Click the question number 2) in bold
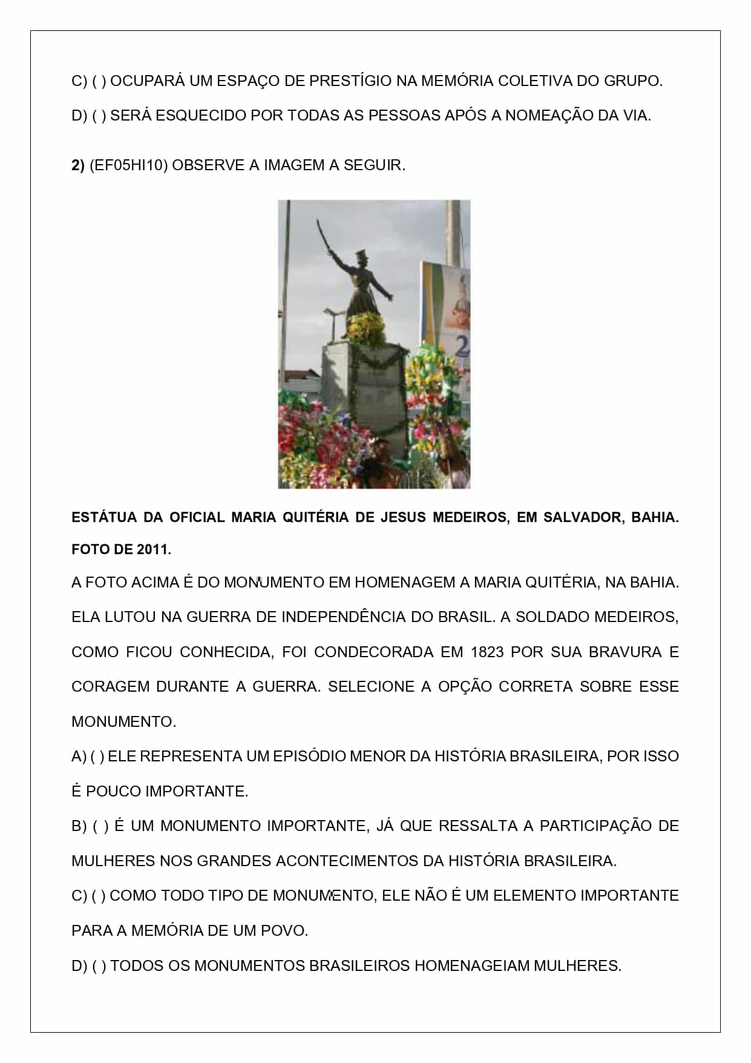[78, 165]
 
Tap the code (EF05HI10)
[128, 165]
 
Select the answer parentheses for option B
[100, 826]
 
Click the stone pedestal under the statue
[363, 388]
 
